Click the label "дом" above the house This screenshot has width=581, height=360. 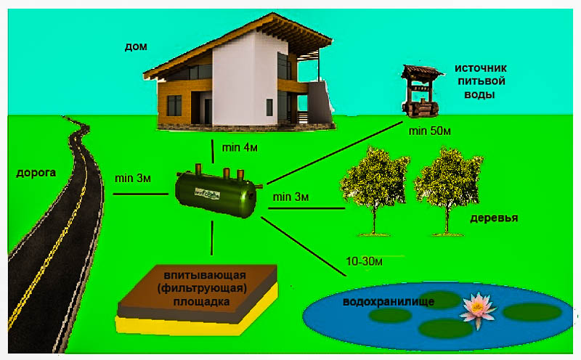136,47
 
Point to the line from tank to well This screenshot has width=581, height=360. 334,155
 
